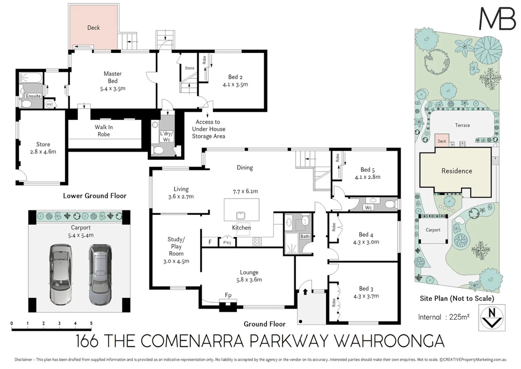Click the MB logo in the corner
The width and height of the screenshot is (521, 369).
coord(497,19)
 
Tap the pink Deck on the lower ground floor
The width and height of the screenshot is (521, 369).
coord(93,27)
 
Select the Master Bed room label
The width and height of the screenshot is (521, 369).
coord(113,77)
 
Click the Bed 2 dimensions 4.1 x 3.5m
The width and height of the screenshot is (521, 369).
coord(235,84)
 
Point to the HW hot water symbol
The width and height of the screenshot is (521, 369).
coord(49,104)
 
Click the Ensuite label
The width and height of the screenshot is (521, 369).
coord(33,96)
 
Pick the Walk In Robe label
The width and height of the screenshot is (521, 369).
coord(104,131)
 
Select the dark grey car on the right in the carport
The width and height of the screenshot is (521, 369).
coord(100,274)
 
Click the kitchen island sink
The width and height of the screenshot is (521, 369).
coord(241,216)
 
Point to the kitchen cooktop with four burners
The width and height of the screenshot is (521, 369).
coord(257,242)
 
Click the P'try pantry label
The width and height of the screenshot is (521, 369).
coord(227,243)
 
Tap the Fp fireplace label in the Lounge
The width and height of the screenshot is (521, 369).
coord(228,295)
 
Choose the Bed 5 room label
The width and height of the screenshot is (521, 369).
coord(367,169)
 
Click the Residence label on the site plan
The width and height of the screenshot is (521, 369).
coord(457,171)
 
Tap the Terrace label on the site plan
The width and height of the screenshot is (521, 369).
coord(462,125)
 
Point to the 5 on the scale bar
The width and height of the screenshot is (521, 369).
coord(91,323)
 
